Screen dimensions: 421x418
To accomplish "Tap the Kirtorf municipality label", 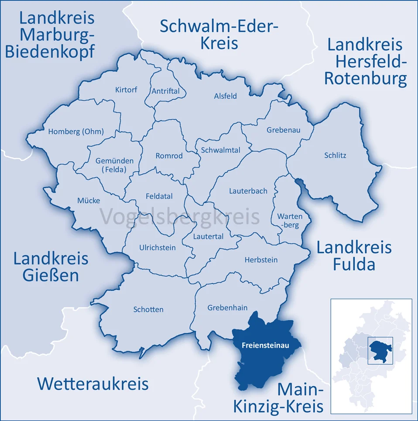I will tap(126, 90).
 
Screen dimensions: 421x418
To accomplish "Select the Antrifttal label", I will tap(165, 91).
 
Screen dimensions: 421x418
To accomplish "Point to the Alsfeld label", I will tap(225, 96).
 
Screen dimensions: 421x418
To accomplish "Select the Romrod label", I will tap(169, 155).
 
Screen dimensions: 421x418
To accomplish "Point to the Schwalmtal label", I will tap(220, 150).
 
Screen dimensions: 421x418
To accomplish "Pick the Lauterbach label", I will tap(248, 191).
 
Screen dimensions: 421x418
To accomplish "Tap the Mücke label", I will tap(89, 201).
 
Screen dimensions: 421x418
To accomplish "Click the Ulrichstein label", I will tap(157, 247).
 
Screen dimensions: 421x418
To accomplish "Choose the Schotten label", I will tap(148, 309).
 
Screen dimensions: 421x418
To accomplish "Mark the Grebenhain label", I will tap(227, 307).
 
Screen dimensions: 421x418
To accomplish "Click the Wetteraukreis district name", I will tap(93, 383).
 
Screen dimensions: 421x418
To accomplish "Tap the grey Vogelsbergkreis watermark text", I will tap(180, 217).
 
